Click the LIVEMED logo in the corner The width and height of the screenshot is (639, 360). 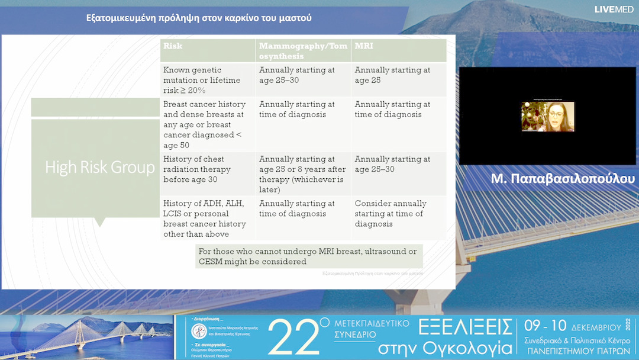coord(615,9)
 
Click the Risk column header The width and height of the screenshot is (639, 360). coord(173,46)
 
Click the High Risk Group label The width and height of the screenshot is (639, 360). coord(100,168)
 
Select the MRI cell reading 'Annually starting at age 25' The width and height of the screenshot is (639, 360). coord(392,75)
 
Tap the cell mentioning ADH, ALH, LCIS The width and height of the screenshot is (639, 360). coord(205,218)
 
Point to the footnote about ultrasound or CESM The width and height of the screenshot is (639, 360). coord(308,256)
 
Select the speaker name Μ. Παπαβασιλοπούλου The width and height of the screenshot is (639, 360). coord(563,179)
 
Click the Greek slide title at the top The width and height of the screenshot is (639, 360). coord(199,18)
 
